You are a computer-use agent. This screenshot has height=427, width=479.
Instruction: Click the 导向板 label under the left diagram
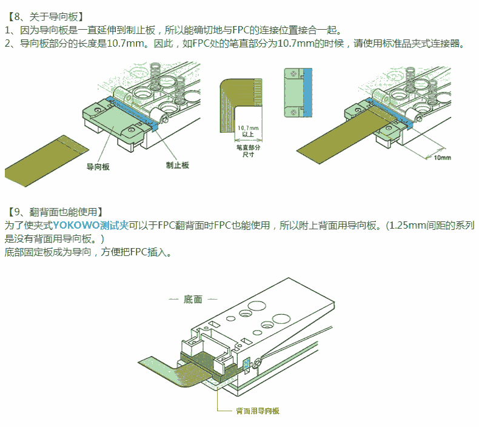(x=98, y=167)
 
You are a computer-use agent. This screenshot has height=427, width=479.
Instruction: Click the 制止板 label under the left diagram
(x=178, y=165)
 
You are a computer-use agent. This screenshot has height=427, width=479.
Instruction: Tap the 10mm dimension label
(x=443, y=158)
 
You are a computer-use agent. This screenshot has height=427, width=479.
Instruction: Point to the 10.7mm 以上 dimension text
(x=248, y=131)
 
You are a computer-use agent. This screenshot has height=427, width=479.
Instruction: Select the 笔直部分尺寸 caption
(x=249, y=150)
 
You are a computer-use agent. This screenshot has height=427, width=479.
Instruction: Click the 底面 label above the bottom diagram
(x=193, y=299)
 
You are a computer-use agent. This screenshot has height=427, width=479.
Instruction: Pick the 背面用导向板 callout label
(x=258, y=411)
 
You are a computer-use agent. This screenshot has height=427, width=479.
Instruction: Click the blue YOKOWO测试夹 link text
(x=91, y=225)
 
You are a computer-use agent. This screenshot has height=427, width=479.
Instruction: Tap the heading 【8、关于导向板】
(x=45, y=16)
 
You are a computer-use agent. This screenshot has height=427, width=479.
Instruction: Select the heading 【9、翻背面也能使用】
(x=55, y=212)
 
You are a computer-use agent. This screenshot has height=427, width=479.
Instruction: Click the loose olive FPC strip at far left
(x=47, y=161)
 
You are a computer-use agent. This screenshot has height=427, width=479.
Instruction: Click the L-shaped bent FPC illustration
(x=241, y=106)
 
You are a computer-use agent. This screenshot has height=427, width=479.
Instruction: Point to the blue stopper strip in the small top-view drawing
(x=307, y=92)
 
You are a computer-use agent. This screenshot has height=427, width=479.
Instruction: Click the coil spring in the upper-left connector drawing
(x=155, y=76)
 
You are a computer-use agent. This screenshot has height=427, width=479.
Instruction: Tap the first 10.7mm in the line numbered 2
(x=126, y=44)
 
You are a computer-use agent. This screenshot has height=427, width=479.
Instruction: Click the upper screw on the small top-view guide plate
(x=293, y=73)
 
